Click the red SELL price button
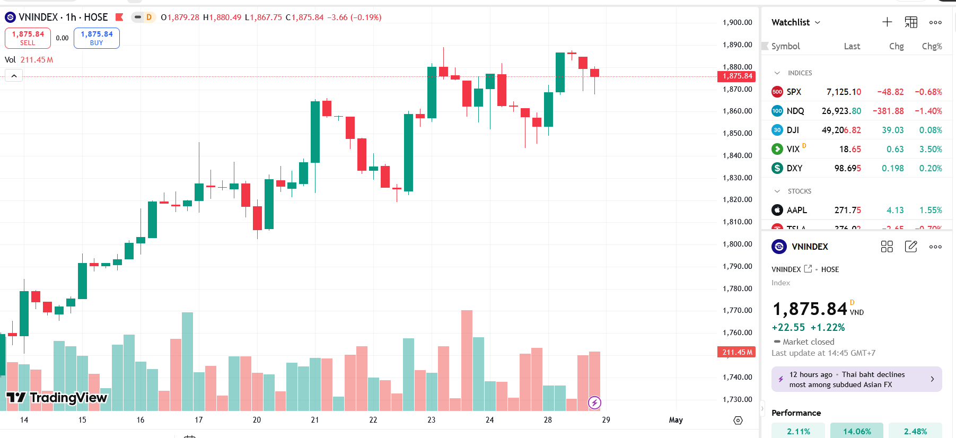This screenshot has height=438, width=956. click(28, 38)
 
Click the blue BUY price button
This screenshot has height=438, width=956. click(97, 38)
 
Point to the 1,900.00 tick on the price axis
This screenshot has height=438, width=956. click(737, 22)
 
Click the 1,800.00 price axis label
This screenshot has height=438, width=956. click(737, 244)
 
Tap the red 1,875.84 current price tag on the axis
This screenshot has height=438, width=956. click(736, 76)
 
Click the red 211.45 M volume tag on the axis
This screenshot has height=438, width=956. click(736, 352)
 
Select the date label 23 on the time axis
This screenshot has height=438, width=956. click(431, 420)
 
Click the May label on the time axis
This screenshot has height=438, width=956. click(676, 420)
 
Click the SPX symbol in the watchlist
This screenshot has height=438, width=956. click(794, 92)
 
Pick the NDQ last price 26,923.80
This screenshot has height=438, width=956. click(841, 111)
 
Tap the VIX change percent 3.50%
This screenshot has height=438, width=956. click(931, 149)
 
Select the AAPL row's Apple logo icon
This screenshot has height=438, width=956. click(777, 210)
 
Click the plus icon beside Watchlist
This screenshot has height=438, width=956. click(887, 22)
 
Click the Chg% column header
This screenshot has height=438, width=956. click(932, 46)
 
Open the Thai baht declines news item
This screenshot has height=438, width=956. click(856, 379)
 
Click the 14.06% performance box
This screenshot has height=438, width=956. click(857, 431)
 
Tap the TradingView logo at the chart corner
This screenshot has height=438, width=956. click(57, 398)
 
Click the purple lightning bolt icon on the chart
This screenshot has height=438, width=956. click(594, 403)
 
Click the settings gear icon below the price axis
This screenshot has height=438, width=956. click(738, 421)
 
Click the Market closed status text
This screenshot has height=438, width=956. click(808, 342)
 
